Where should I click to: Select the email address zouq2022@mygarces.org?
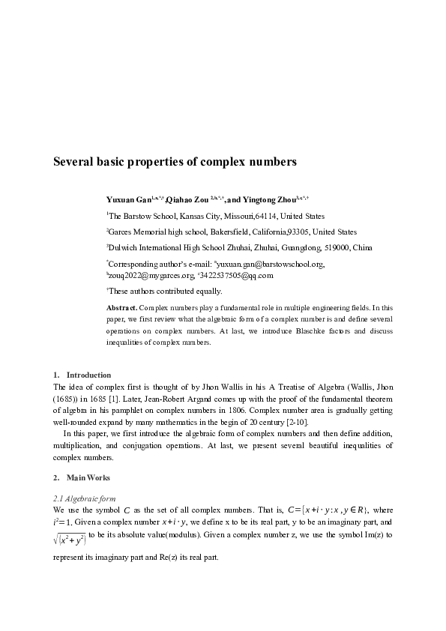coord(150,275)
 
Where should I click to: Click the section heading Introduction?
coord(88,375)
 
